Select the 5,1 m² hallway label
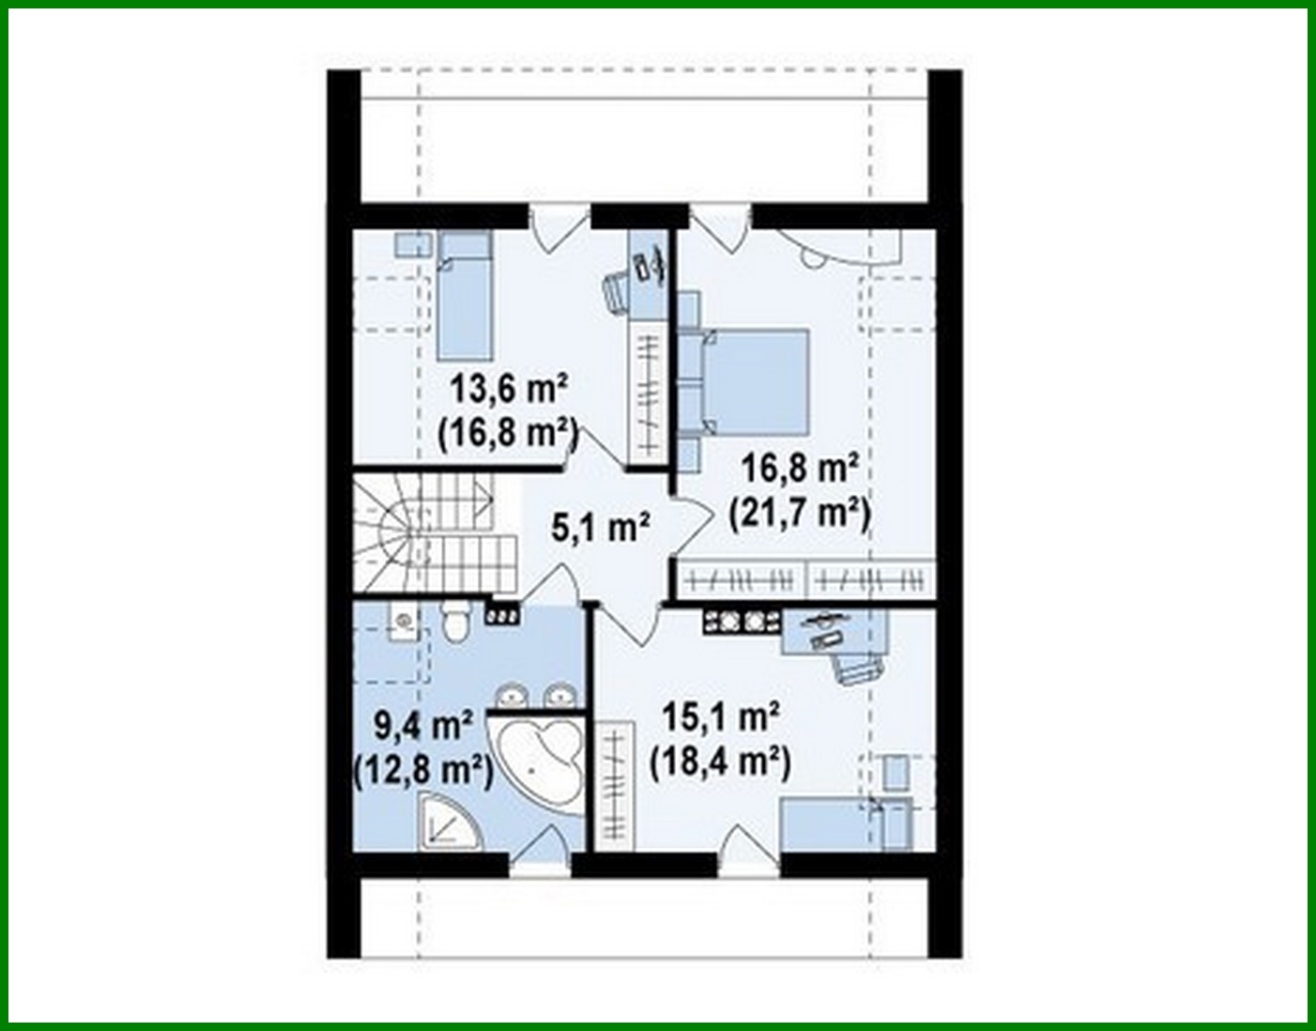[601, 528]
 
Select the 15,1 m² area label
[721, 718]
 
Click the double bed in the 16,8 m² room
[756, 376]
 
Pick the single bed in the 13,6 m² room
[465, 296]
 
